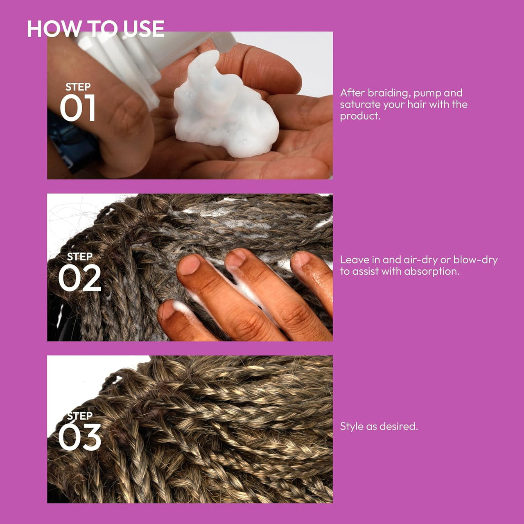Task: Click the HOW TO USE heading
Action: click(95, 29)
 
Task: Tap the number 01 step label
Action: click(77, 108)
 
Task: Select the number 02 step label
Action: click(79, 278)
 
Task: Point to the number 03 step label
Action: click(79, 437)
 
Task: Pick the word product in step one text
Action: click(360, 116)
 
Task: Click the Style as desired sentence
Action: click(379, 427)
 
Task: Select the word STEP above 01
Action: click(78, 87)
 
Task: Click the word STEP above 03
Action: click(80, 416)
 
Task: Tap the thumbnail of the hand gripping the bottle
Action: click(190, 105)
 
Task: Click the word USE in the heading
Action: click(144, 29)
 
